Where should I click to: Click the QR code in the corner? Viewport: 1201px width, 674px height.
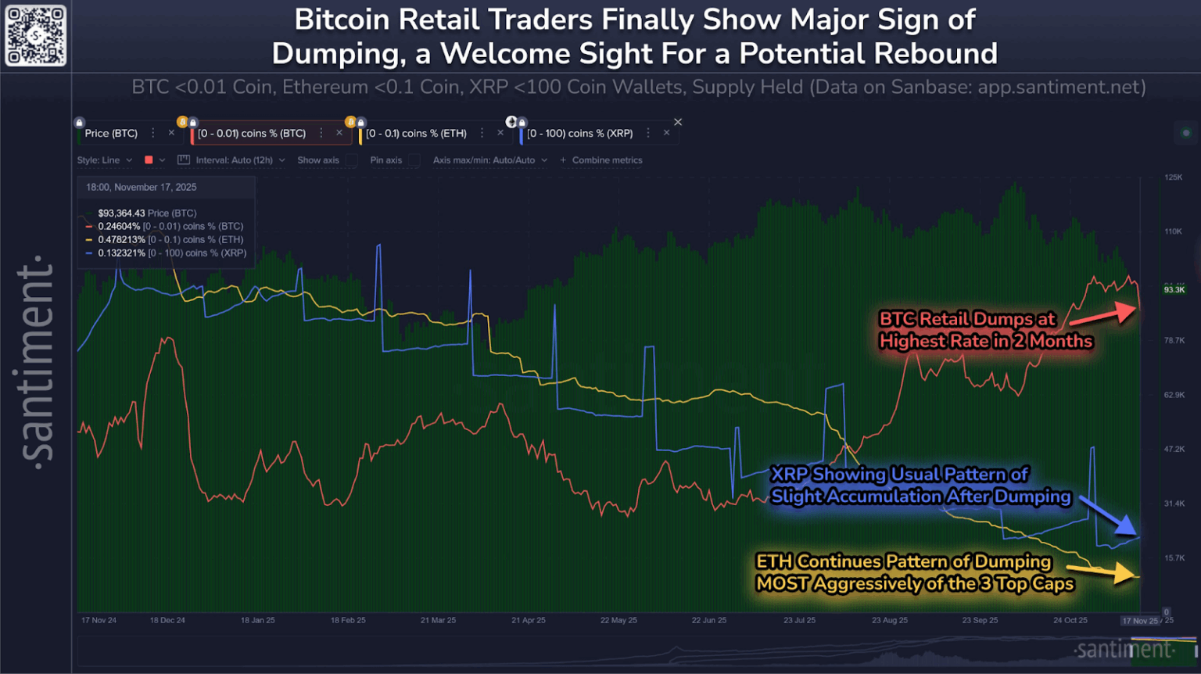point(36,36)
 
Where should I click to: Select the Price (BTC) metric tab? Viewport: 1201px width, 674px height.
point(111,134)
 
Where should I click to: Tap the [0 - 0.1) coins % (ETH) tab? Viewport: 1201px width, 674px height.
point(416,134)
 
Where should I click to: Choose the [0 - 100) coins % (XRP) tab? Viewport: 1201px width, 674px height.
point(579,134)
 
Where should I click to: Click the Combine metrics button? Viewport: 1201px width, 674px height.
point(601,160)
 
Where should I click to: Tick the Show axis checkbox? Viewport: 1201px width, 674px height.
point(352,160)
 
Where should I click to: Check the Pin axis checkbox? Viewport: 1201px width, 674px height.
point(414,160)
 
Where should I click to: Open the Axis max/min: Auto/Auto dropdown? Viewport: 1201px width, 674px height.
point(489,160)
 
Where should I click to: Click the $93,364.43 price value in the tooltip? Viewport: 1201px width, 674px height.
point(121,213)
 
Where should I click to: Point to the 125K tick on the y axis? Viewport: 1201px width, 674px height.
point(1173,177)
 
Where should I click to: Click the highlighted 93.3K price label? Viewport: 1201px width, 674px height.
point(1174,290)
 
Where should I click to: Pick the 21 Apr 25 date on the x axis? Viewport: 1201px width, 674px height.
point(529,620)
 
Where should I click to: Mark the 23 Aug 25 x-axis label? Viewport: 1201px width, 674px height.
point(890,620)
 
